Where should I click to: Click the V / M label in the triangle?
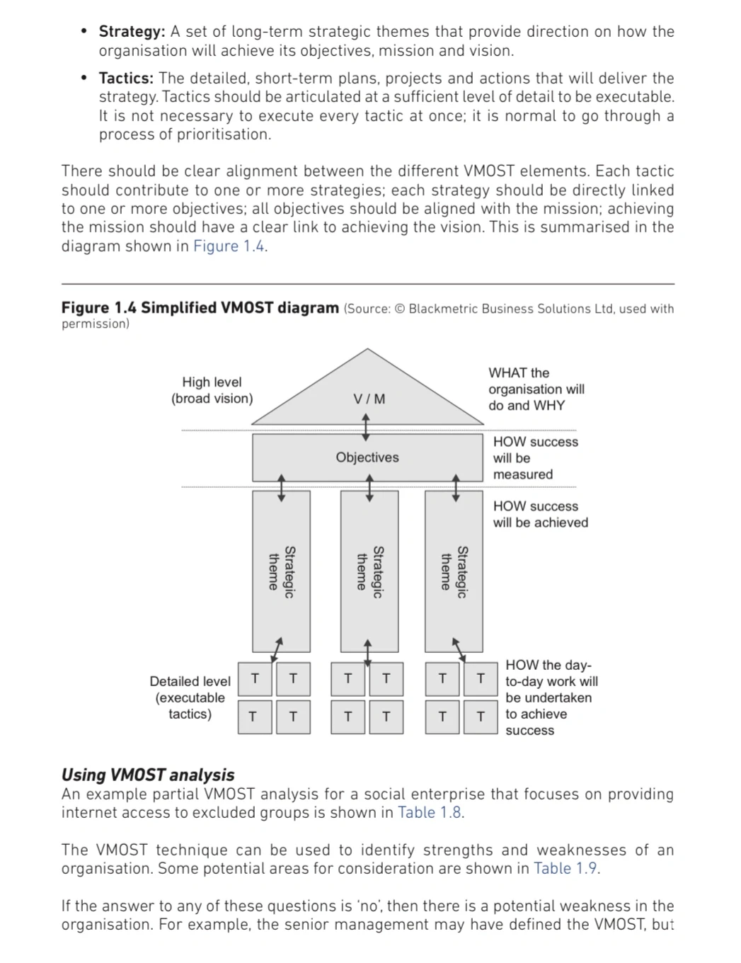369,399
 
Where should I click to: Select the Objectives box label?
367,457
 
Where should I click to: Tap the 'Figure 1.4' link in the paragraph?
230,246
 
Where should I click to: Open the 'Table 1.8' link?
430,812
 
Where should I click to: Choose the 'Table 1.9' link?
566,868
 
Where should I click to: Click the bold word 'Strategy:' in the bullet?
132,32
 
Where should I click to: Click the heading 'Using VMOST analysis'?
148,775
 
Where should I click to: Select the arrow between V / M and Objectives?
366,428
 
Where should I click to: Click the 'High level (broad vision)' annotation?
212,390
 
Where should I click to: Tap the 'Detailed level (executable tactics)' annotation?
190,697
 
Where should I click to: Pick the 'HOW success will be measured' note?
534,458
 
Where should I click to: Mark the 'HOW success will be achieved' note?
540,515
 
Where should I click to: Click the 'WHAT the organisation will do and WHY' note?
536,389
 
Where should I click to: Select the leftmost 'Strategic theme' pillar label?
281,571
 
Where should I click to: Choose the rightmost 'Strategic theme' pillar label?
454,571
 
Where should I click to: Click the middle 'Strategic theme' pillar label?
369,571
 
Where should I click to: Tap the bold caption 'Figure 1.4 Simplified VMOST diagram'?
200,308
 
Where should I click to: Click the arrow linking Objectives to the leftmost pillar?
282,488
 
